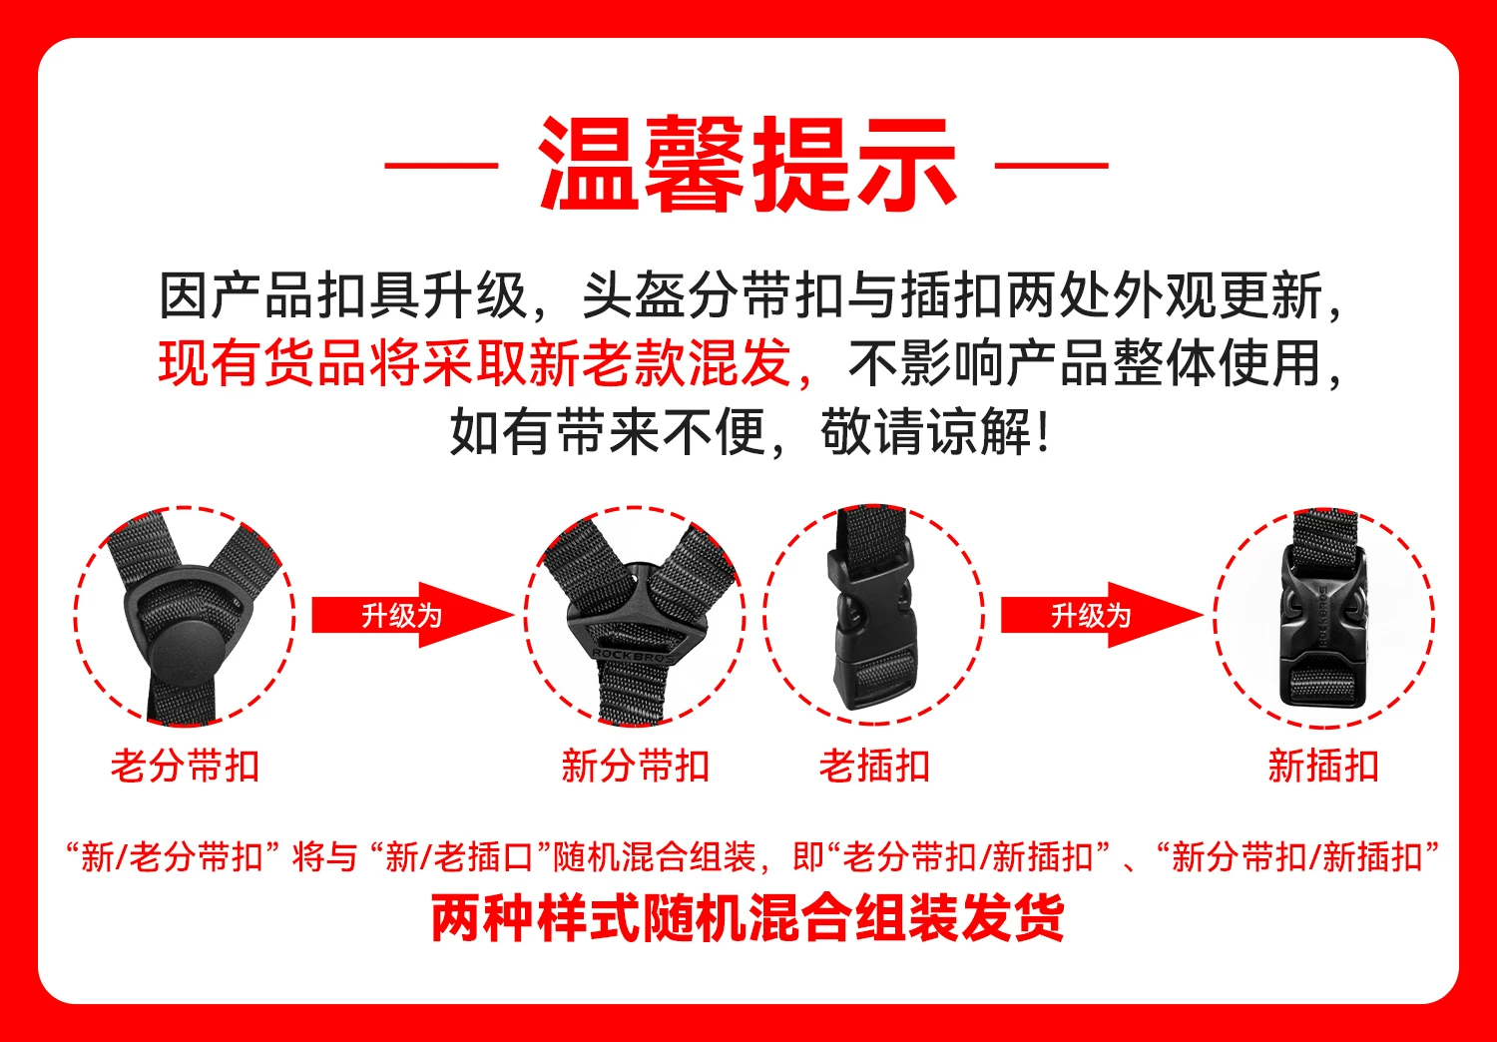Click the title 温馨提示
click(x=748, y=165)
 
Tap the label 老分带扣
click(x=185, y=766)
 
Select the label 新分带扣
click(x=635, y=766)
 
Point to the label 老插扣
click(x=875, y=766)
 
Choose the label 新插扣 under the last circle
click(x=1323, y=766)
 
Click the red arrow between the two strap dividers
click(x=413, y=615)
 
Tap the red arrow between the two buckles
click(x=1102, y=615)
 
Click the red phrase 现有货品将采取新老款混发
click(x=475, y=363)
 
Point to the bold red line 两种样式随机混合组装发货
click(x=748, y=918)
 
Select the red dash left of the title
click(x=442, y=165)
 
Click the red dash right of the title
click(x=1052, y=165)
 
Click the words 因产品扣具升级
click(x=343, y=294)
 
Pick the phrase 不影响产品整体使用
click(x=1087, y=363)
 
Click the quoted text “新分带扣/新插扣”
click(x=1297, y=857)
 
